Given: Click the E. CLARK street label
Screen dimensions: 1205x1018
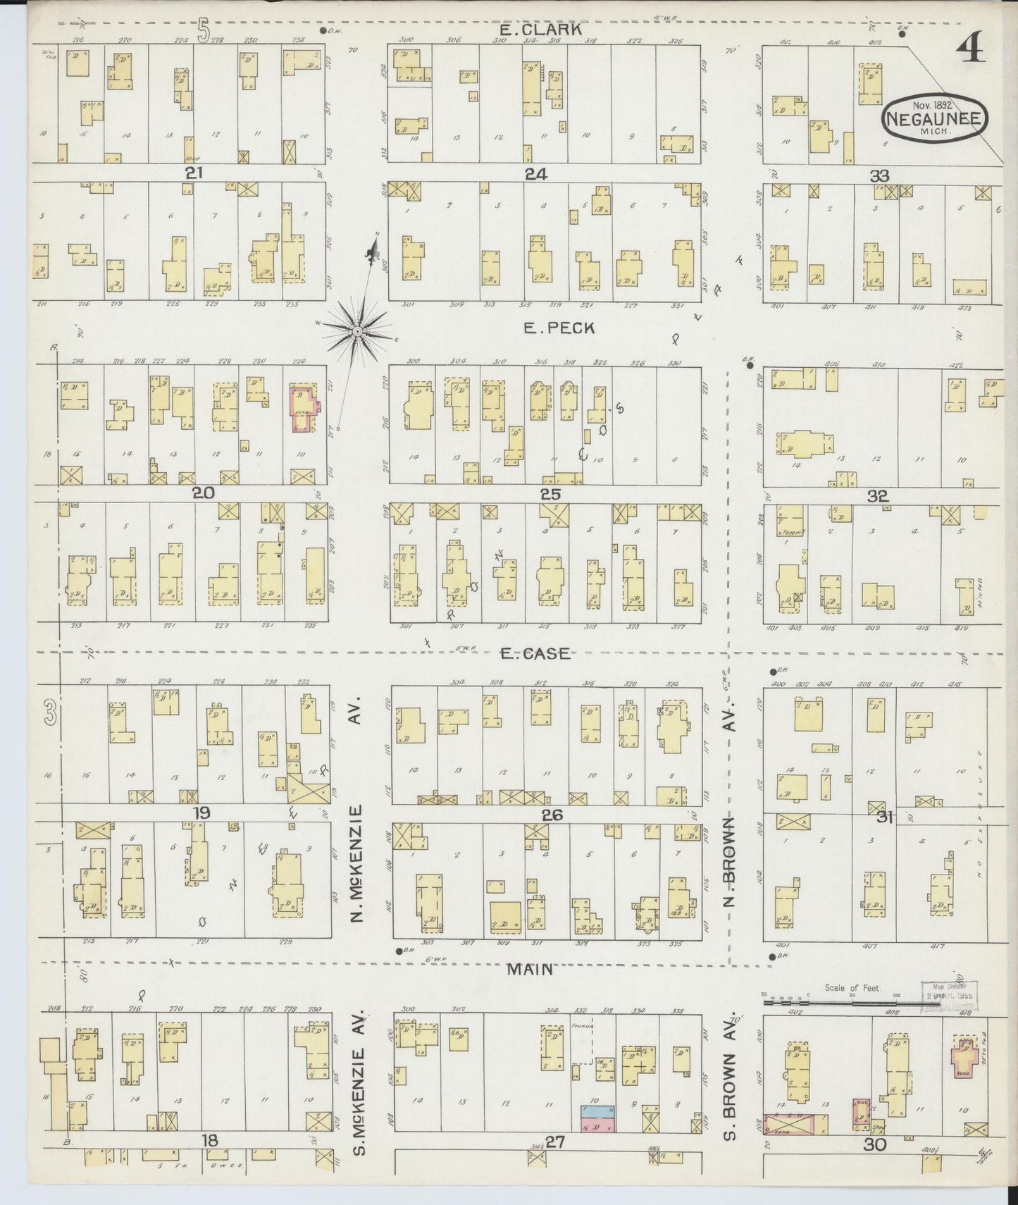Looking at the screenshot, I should point(540,30).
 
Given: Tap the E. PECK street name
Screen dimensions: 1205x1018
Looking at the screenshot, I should point(559,328).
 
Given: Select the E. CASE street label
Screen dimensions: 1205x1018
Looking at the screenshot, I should point(535,654).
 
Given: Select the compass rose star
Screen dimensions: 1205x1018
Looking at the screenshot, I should point(357,330).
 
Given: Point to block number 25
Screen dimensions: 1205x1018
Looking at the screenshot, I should point(550,494).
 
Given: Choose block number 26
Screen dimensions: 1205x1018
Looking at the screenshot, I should point(552,815).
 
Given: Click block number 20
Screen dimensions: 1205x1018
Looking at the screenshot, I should point(204,493).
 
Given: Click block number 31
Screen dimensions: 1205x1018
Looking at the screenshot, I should point(885,817).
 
